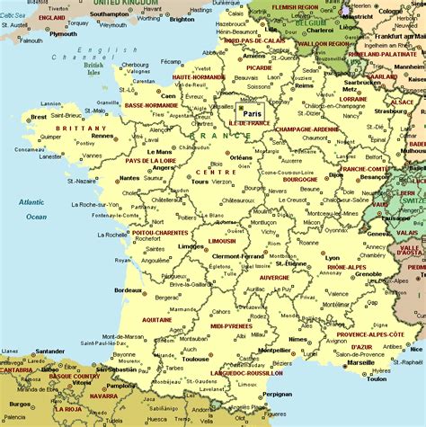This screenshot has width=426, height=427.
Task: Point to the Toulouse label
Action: click(195, 357)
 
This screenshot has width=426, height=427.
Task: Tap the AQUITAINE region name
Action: click(156, 319)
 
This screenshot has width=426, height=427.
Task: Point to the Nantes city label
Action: click(129, 178)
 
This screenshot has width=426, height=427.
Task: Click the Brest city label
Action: click(39, 117)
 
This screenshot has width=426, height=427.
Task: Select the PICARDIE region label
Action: click(260, 67)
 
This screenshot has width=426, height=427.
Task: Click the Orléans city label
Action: click(241, 156)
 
